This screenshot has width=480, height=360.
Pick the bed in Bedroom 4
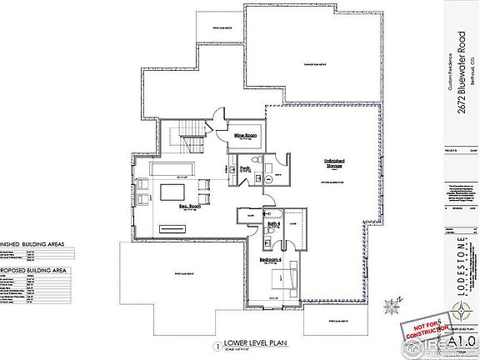tap(279, 286)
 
